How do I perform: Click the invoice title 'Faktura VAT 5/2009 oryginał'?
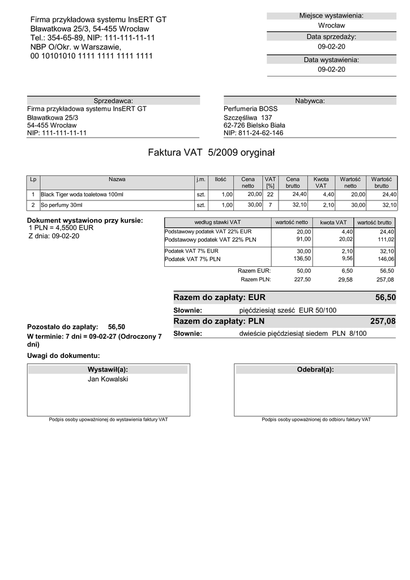[211, 152]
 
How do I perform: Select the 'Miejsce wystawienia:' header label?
[331, 15]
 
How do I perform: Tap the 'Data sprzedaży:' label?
[331, 37]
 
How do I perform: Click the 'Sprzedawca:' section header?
[113, 100]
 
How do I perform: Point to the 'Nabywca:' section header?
[310, 100]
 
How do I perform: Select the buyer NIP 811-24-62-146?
[253, 133]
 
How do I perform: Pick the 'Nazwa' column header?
[117, 179]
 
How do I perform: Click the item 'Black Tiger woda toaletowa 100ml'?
[82, 194]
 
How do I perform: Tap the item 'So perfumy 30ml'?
[62, 205]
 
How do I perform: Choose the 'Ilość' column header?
[220, 179]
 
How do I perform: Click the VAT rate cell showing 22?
[270, 194]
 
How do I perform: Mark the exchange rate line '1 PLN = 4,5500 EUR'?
[61, 228]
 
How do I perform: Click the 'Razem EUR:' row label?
[254, 271]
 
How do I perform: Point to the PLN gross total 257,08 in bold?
[382, 321]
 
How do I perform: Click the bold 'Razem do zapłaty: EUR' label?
[219, 297]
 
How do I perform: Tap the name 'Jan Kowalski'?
[108, 379]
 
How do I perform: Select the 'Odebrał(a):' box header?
[315, 369]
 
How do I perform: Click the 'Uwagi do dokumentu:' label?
[63, 356]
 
